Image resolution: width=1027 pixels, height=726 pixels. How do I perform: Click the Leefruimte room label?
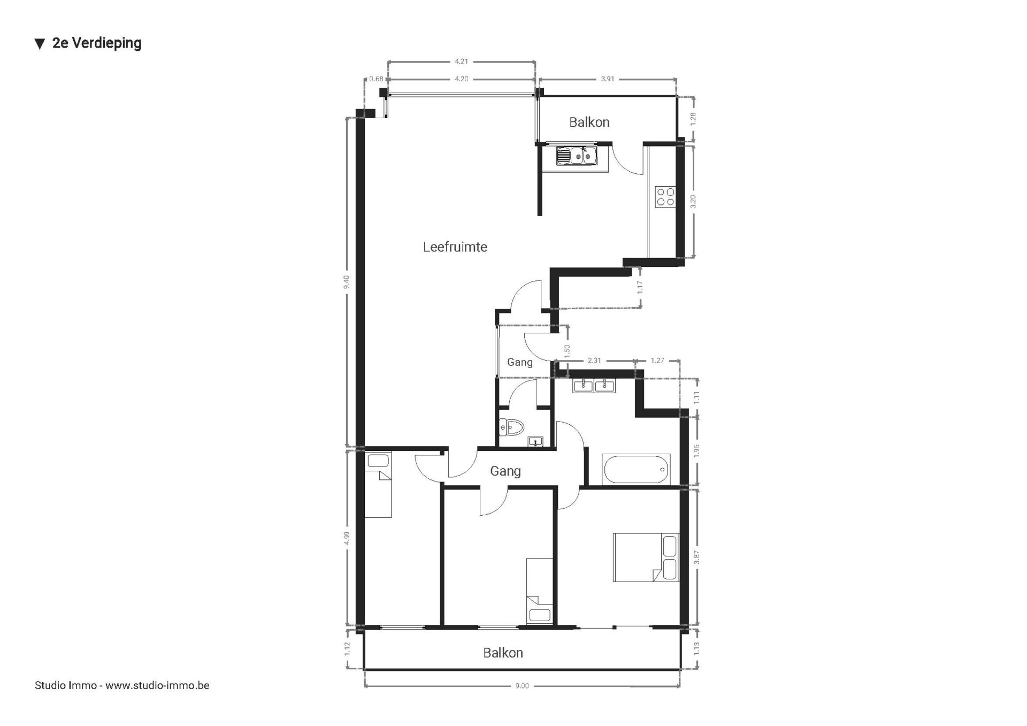click(x=455, y=247)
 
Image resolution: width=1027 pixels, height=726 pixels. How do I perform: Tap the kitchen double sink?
click(x=576, y=156)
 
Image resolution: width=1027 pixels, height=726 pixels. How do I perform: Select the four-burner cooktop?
click(x=665, y=196)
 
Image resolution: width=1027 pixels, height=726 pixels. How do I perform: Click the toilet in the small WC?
click(x=511, y=427)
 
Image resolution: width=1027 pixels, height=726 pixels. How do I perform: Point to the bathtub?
click(x=636, y=469)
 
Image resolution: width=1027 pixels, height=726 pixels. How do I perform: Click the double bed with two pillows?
click(x=646, y=557)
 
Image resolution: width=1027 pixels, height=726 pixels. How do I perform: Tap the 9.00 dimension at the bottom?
click(x=522, y=686)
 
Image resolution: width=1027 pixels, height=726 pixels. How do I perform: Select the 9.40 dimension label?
click(x=346, y=282)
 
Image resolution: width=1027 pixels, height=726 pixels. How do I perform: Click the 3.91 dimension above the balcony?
click(x=607, y=79)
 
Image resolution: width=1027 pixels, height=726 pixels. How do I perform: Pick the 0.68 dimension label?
click(x=376, y=79)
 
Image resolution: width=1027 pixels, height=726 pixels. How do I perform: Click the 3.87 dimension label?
click(x=696, y=557)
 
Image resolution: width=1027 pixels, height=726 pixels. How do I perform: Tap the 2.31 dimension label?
click(x=594, y=361)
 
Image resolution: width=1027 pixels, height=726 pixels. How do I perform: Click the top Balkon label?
click(x=589, y=123)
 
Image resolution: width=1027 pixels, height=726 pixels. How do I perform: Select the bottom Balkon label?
click(x=503, y=653)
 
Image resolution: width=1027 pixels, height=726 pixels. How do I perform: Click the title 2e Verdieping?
click(x=97, y=43)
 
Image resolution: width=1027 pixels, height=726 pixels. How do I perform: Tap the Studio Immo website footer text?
click(x=122, y=685)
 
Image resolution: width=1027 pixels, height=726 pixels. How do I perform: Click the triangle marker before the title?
click(x=40, y=44)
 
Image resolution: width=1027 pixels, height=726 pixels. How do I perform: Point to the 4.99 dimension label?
click(x=347, y=538)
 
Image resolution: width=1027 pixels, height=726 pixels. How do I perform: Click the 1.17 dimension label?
click(x=640, y=287)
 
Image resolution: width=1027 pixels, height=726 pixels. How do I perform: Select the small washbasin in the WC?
click(x=535, y=441)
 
